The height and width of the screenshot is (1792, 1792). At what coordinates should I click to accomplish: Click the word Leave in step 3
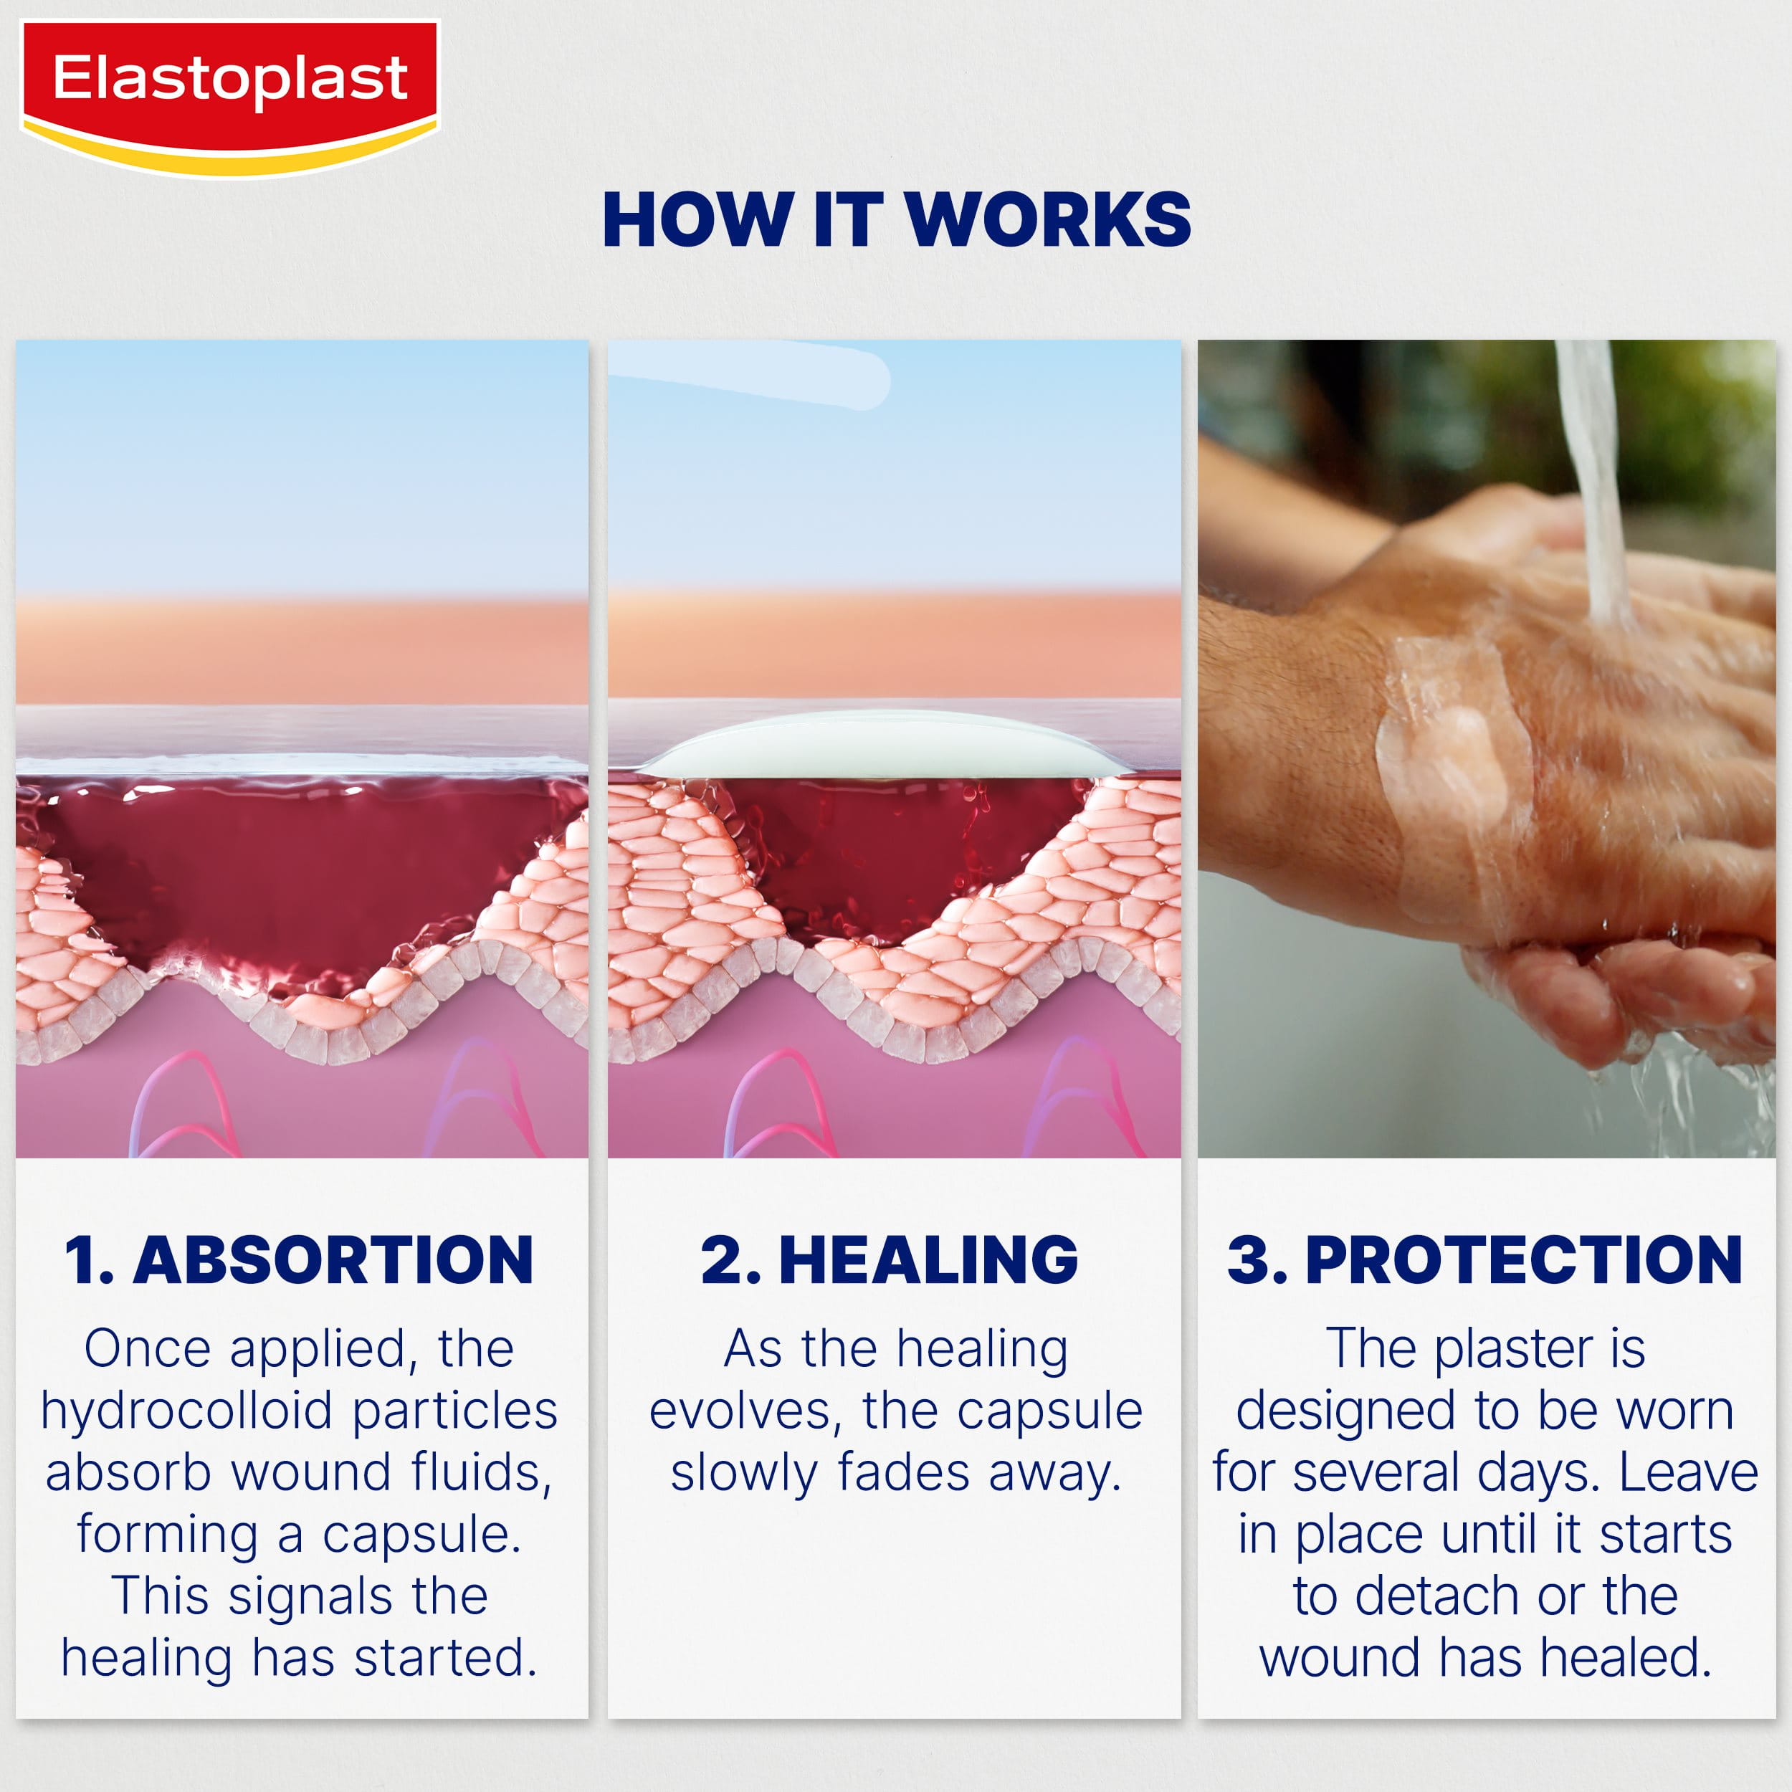tap(1688, 1473)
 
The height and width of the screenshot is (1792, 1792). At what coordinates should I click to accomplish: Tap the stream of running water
tap(1596, 482)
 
